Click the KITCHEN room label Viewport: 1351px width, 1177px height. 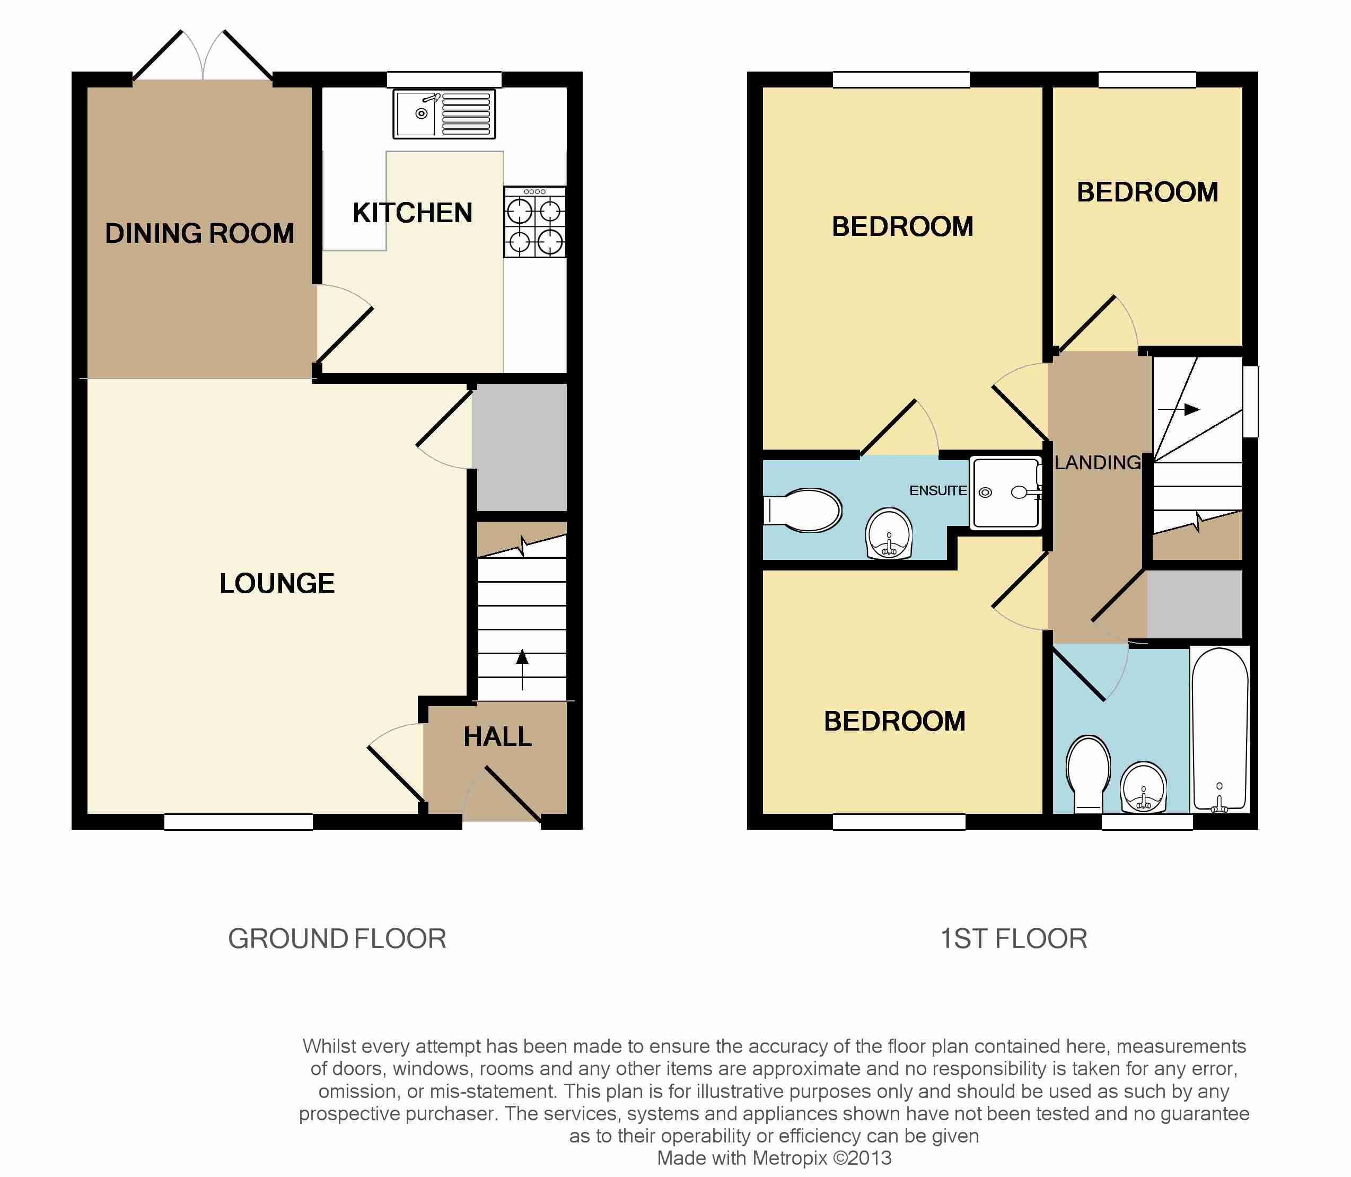point(413,213)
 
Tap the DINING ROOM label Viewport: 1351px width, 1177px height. point(200,234)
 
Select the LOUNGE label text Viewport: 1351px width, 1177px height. point(277,583)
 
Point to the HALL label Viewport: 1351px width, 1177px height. point(498,737)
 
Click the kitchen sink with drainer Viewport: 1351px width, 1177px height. point(444,115)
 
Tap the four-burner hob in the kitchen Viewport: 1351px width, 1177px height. point(534,222)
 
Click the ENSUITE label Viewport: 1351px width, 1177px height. point(938,490)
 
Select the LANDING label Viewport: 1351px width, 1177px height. point(1098,463)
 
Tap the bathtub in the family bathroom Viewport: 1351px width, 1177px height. point(1220,730)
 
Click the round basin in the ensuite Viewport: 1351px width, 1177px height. point(890,533)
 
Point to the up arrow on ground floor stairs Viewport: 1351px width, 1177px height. point(522,669)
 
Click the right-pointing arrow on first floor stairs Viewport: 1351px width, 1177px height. point(1179,409)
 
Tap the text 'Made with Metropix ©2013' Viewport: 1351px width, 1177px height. point(774,1158)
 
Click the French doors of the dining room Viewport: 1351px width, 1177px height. point(203,55)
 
